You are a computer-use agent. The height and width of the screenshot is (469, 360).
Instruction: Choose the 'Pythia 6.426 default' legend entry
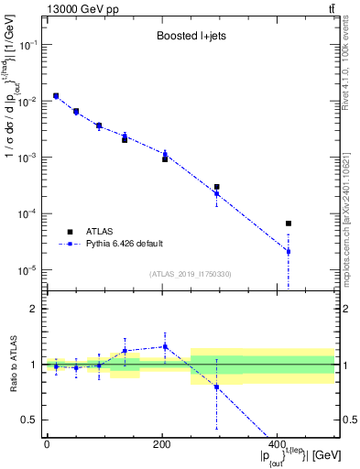coord(129,244)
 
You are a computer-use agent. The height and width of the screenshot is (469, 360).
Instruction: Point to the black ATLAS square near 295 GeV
coord(216,187)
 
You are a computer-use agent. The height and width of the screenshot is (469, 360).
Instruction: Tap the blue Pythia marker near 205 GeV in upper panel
coord(165,154)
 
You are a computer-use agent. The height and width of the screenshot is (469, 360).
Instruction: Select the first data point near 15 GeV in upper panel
coord(56,95)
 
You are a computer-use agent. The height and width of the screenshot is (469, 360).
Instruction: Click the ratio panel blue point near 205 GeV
coord(165,346)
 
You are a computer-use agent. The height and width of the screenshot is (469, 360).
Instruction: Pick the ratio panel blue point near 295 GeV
coord(216,387)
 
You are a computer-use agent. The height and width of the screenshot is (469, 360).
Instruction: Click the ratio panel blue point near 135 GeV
coord(125,351)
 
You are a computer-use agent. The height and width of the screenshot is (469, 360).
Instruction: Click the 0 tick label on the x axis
coord(48,444)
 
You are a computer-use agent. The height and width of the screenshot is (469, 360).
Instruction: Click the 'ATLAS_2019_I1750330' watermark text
coord(190,274)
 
